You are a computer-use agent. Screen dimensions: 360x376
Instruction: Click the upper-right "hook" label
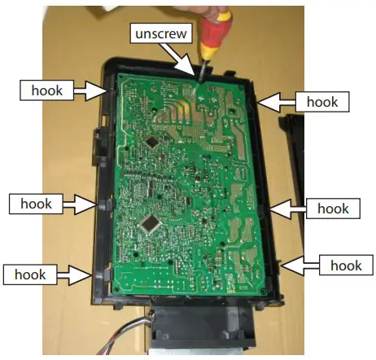coord(322,101)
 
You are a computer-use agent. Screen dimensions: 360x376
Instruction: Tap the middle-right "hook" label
coord(331,209)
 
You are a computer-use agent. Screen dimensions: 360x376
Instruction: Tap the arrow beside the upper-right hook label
coord(275,101)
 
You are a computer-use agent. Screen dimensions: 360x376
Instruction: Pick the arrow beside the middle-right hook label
coord(286,209)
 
